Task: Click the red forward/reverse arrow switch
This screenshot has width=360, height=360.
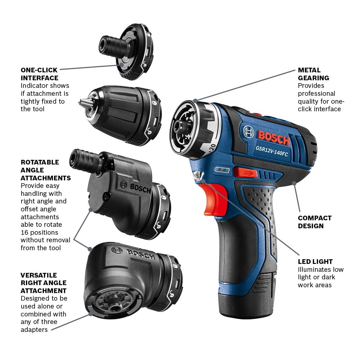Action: click(x=245, y=173)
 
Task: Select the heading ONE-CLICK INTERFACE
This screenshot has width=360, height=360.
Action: click(x=40, y=74)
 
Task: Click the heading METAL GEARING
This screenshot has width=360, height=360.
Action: click(x=313, y=74)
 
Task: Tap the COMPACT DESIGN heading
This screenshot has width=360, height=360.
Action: click(x=315, y=222)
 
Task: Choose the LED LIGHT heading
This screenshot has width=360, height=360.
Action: click(x=315, y=261)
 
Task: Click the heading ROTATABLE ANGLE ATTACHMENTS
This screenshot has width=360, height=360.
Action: click(x=46, y=170)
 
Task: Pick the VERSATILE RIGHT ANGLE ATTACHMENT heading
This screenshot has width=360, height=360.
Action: click(x=44, y=283)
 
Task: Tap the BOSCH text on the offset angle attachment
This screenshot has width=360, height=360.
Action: click(x=140, y=188)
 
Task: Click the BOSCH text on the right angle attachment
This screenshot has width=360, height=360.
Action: click(x=140, y=254)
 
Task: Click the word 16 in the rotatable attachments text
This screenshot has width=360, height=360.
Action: click(x=25, y=233)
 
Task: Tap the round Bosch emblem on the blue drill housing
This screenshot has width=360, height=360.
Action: click(x=248, y=132)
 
